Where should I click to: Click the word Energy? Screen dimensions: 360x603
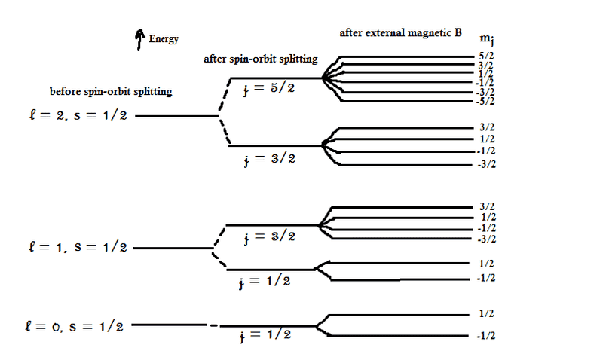pos(164,39)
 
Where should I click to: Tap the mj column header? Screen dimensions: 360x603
pos(488,38)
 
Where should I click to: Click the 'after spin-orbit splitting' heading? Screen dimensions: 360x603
pos(261,59)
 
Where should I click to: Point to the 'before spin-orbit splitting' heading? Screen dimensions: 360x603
pos(111,92)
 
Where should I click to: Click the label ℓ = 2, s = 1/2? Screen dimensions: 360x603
pos(75,117)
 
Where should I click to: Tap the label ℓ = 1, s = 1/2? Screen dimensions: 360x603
pos(75,248)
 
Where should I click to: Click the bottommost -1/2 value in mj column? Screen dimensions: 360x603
pos(485,336)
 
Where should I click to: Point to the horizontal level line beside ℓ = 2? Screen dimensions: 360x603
pos(176,117)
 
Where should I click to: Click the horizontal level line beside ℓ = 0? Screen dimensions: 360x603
pos(170,325)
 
